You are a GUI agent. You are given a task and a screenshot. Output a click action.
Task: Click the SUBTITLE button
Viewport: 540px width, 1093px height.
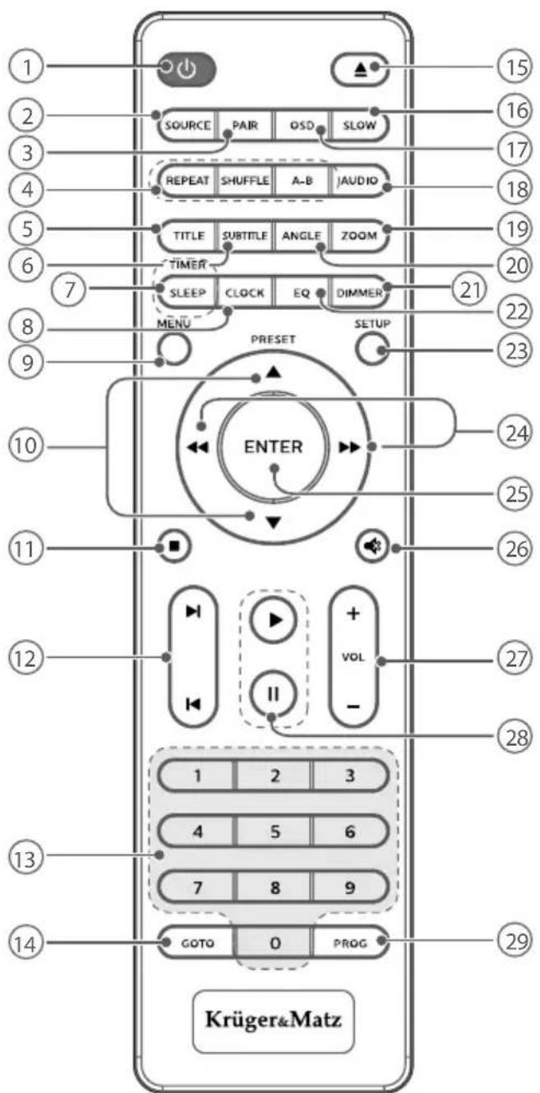[x=244, y=234]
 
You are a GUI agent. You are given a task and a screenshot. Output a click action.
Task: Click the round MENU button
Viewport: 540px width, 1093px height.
[x=169, y=350]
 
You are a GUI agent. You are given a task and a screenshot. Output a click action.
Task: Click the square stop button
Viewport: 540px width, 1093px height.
[x=174, y=546]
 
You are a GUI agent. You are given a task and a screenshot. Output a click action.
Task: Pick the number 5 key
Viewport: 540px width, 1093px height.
[x=275, y=831]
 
